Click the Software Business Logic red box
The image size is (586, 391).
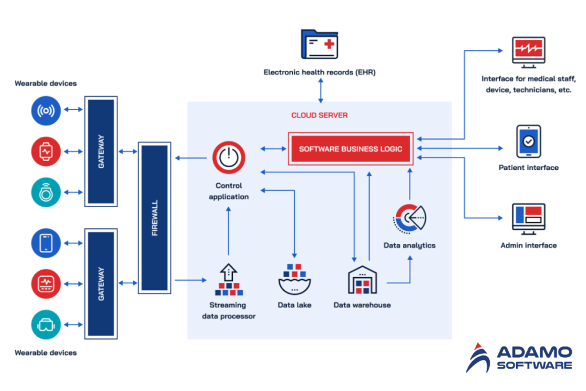pos(350,149)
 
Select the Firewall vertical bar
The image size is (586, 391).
pos(154,218)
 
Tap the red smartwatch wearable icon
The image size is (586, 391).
pos(46,152)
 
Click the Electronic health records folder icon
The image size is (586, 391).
pos(320,45)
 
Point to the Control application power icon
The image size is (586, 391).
pos(229,157)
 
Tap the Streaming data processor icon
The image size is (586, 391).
pos(228,280)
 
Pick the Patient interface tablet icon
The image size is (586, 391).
pos(528,141)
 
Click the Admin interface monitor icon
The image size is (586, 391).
pos(528,220)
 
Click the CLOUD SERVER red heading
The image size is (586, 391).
pos(319,115)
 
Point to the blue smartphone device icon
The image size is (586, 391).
pos(46,243)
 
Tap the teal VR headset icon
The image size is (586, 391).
pos(46,325)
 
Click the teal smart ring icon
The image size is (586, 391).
pos(46,192)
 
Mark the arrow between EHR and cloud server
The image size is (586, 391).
pos(320,90)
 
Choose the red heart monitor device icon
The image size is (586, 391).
pos(46,283)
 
